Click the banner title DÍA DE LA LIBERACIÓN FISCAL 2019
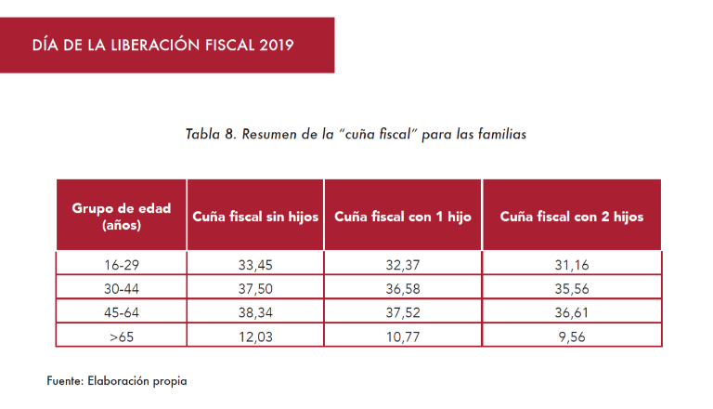pyautogui.click(x=162, y=45)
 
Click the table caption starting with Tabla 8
pyautogui.click(x=356, y=134)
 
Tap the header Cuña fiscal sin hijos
pyautogui.click(x=255, y=217)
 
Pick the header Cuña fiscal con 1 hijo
pyautogui.click(x=403, y=217)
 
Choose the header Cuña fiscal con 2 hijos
pyautogui.click(x=571, y=217)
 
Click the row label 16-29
pyautogui.click(x=122, y=265)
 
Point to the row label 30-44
pyautogui.click(x=122, y=288)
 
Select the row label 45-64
pyautogui.click(x=122, y=312)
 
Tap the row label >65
pyautogui.click(x=122, y=336)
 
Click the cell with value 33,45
pyautogui.click(x=255, y=265)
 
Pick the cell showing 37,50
pyautogui.click(x=255, y=288)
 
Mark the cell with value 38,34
pyautogui.click(x=255, y=312)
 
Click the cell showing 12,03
pyautogui.click(x=255, y=336)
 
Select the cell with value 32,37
pyautogui.click(x=403, y=265)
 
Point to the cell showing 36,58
pyautogui.click(x=403, y=288)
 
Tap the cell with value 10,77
pyautogui.click(x=403, y=336)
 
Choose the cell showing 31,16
pyautogui.click(x=571, y=265)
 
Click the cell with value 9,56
pyautogui.click(x=571, y=336)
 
